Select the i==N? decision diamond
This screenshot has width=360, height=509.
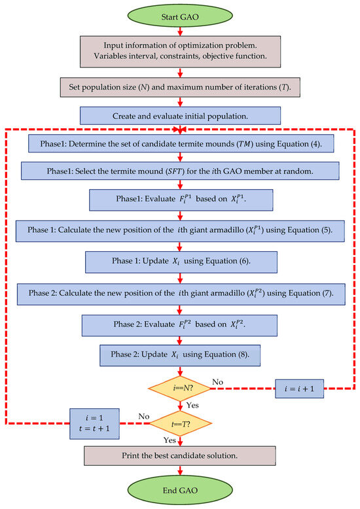[180, 389]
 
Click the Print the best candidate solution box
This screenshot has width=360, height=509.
[180, 456]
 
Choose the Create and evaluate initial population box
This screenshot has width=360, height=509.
[180, 116]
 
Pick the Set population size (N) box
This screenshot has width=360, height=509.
[180, 86]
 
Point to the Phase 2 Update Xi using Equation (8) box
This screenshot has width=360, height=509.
[180, 356]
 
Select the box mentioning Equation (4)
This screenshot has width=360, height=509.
[180, 145]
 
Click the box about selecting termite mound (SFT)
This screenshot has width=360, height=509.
[180, 171]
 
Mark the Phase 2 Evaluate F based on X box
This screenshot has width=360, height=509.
[180, 325]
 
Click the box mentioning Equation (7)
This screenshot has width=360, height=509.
[180, 294]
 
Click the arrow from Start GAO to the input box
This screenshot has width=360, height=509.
[180, 33]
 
